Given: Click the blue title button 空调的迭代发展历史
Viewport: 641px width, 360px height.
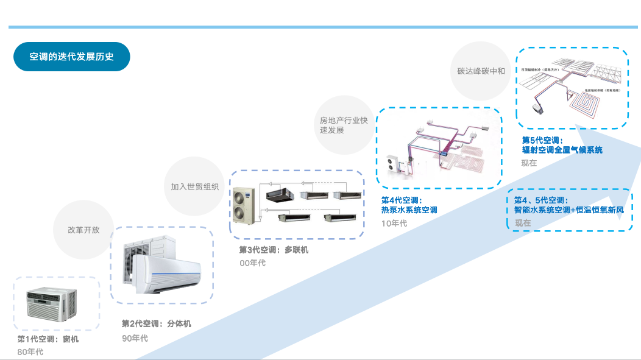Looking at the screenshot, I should pyautogui.click(x=72, y=57).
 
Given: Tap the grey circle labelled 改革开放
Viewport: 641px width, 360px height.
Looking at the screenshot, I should pyautogui.click(x=83, y=230).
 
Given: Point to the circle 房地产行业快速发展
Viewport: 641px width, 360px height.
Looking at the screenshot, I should pyautogui.click(x=344, y=125).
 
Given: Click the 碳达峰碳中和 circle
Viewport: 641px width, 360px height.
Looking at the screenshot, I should pyautogui.click(x=481, y=71).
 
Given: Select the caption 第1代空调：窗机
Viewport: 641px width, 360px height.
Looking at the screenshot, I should pyautogui.click(x=48, y=339).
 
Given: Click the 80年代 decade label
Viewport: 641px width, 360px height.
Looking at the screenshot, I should pyautogui.click(x=30, y=352).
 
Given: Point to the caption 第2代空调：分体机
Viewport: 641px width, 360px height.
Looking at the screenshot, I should pyautogui.click(x=156, y=323).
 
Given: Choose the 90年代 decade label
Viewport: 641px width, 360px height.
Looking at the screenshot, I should pyautogui.click(x=135, y=338).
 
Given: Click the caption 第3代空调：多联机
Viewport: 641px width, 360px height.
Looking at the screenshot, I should pyautogui.click(x=274, y=250).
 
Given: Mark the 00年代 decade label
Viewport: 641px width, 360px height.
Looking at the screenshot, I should pyautogui.click(x=252, y=263).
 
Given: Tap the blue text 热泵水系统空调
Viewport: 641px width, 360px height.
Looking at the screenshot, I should pyautogui.click(x=409, y=210).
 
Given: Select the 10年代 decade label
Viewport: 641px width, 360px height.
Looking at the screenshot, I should pyautogui.click(x=394, y=224).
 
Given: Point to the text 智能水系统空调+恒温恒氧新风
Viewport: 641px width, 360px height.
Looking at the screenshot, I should pyautogui.click(x=569, y=210).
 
